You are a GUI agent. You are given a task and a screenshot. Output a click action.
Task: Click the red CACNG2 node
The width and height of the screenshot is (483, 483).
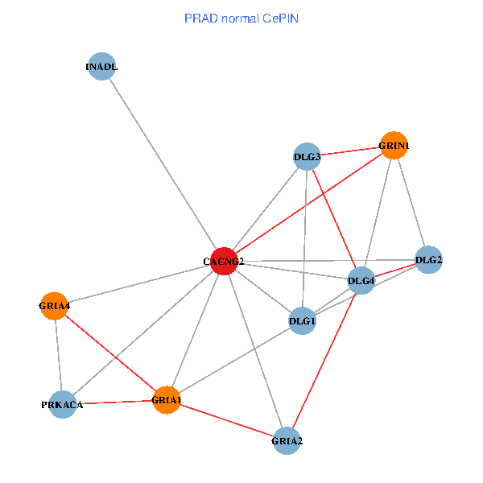[223, 261]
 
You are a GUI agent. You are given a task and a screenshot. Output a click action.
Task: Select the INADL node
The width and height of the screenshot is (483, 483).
[101, 67]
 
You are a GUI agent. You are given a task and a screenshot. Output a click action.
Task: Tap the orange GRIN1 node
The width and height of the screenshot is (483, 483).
[394, 145]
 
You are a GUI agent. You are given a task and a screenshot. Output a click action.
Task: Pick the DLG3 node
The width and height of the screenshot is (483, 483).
[308, 156]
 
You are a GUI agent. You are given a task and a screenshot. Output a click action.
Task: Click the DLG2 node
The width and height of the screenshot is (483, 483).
[428, 259]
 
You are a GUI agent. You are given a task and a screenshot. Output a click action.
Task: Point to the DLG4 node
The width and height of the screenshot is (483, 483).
[361, 280]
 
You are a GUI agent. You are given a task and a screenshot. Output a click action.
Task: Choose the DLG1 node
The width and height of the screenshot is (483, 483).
[302, 321]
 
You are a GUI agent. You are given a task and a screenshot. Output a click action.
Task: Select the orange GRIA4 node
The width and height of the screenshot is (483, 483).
[54, 306]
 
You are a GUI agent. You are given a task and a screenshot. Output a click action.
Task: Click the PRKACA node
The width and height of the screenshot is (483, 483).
[62, 404]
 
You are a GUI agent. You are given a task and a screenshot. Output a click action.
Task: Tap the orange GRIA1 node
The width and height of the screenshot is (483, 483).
[167, 400]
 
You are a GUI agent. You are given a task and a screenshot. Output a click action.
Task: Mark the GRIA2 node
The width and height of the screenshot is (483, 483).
[287, 440]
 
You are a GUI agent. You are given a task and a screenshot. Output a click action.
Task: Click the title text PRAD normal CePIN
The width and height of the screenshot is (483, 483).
[242, 17]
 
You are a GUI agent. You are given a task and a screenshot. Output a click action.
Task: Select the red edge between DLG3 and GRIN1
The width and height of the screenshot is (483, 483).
[350, 151]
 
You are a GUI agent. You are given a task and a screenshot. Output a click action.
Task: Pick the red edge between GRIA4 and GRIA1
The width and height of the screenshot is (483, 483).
[110, 353]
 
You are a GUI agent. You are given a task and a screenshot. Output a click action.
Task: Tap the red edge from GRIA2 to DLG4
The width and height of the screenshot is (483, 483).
[324, 360]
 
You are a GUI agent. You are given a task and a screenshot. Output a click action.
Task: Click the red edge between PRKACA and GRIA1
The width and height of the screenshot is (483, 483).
[114, 402]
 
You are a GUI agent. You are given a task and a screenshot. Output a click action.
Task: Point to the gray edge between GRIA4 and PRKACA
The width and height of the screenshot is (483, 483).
[58, 355]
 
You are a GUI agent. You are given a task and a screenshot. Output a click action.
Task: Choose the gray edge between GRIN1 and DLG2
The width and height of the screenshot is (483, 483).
[411, 202]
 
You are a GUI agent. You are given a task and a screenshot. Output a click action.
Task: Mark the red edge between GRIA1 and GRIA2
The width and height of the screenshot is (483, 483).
[227, 420]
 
